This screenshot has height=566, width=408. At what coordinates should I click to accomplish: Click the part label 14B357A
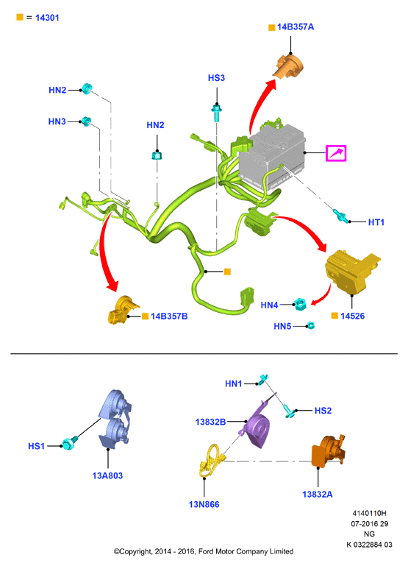[x=296, y=27]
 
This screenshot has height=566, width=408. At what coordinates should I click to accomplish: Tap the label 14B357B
[x=169, y=316]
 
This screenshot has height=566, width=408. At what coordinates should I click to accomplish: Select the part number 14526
[x=352, y=316]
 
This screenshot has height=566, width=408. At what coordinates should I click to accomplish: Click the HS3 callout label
[x=216, y=78]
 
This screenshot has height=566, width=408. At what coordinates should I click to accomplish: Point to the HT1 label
[x=376, y=222]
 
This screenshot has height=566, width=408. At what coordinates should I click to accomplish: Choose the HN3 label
[x=57, y=121]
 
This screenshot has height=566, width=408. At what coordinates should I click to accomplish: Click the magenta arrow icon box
[x=336, y=153]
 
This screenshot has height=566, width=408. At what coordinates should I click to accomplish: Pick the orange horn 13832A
[x=327, y=451]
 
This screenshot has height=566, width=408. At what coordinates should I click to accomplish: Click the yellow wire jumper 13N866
[x=211, y=460]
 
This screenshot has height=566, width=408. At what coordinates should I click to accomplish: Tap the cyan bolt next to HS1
[x=70, y=442]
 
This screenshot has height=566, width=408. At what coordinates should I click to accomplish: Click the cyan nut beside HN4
[x=300, y=304]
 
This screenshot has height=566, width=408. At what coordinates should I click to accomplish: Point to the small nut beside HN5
[x=311, y=325]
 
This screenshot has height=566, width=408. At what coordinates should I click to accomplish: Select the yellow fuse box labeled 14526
[x=351, y=271]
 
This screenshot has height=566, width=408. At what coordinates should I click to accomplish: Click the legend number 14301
[x=47, y=18]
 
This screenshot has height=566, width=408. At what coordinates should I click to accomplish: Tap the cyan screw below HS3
[x=216, y=113]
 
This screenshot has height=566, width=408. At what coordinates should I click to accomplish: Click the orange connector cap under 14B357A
[x=288, y=66]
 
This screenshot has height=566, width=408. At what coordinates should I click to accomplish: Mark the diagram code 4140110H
[x=370, y=513]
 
